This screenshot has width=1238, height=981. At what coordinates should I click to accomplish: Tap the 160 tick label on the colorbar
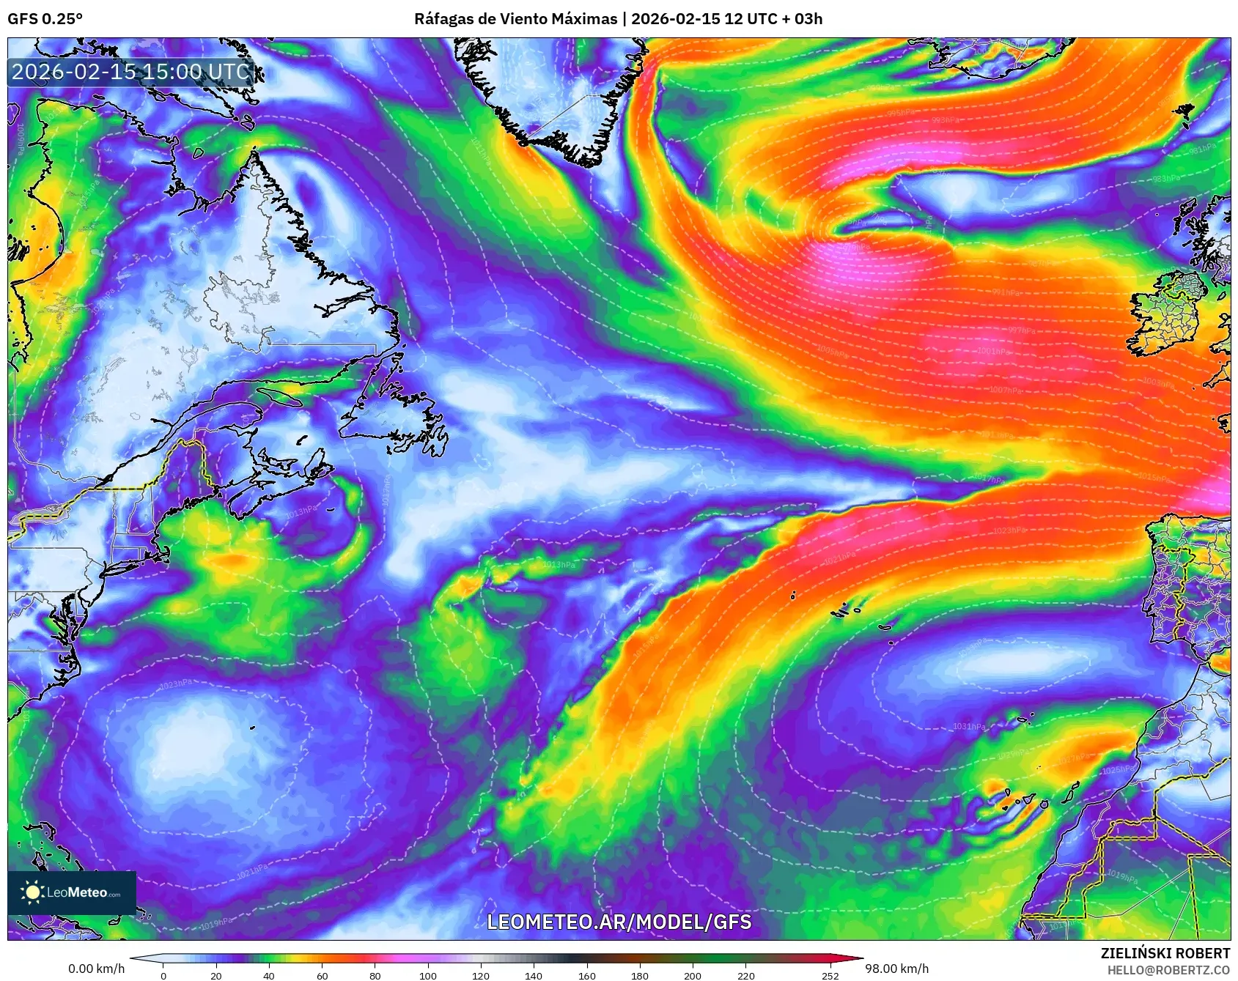(x=586, y=975)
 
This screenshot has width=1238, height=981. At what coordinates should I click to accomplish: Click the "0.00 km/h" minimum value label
(x=96, y=969)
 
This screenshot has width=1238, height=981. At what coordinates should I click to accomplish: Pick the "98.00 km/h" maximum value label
(x=896, y=969)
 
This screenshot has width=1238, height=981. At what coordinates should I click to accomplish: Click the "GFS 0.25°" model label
(x=45, y=19)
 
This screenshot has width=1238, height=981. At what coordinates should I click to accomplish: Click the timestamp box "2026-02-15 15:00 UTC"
(x=131, y=72)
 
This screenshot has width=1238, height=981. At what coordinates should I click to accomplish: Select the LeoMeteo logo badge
(x=72, y=892)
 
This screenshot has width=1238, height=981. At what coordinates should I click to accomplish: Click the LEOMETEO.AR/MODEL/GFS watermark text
(x=619, y=922)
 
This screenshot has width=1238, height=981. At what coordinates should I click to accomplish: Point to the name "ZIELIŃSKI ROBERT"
(x=1165, y=953)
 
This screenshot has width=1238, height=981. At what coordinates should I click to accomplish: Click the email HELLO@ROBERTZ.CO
(x=1168, y=970)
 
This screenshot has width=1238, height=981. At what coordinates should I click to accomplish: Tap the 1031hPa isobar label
(x=969, y=727)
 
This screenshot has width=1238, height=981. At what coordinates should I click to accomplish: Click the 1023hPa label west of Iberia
(x=1009, y=530)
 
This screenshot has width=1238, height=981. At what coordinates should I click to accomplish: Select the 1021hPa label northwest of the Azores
(x=839, y=558)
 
